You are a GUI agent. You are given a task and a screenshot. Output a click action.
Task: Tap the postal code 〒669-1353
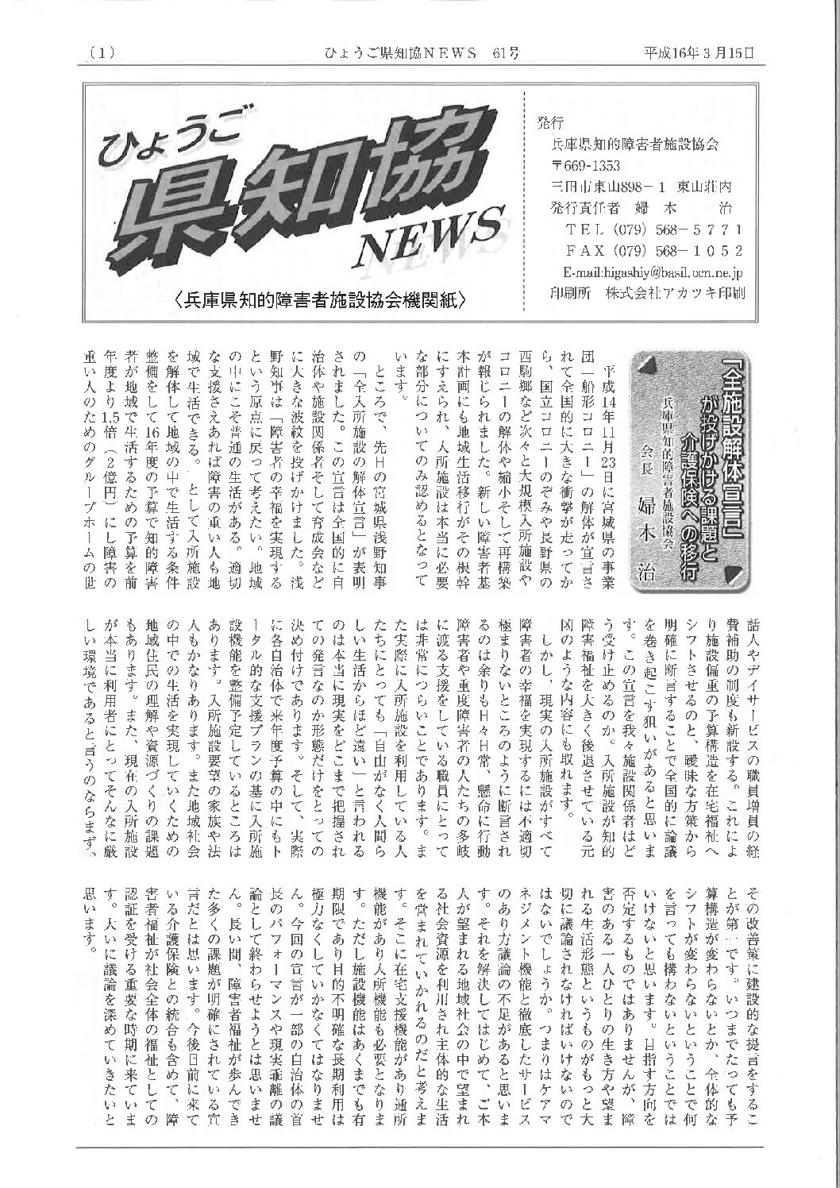coord(591,166)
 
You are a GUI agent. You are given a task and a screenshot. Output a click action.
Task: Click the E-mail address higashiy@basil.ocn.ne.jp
coord(647,272)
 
